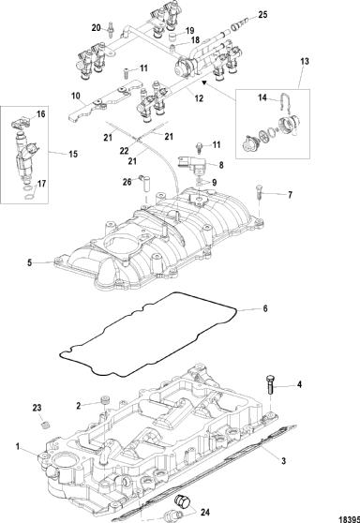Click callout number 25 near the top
point(262,15)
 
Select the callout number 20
point(96,28)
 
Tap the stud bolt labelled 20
point(111,28)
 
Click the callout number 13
point(305,61)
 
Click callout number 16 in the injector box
point(40,114)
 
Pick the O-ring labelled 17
point(30,193)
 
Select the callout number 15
point(73,154)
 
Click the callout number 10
point(76,96)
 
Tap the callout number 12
point(199,98)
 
